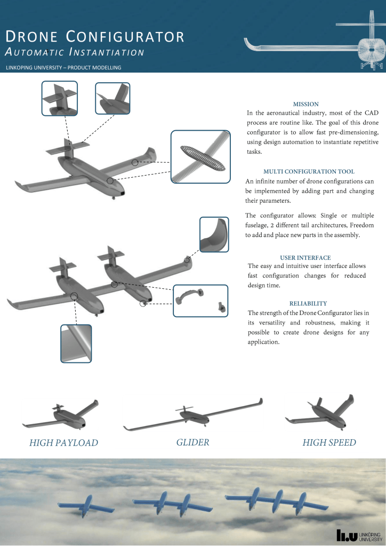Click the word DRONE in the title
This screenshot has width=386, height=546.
[x=31, y=37]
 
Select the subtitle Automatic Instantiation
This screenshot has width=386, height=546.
[x=75, y=52]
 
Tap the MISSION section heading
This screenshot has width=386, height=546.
[x=306, y=104]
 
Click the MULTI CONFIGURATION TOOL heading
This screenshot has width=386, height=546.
[x=309, y=171]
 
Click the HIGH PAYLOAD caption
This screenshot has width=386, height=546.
[x=64, y=442]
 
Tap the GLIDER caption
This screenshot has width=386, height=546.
[x=192, y=442]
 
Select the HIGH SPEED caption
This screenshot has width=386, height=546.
[x=329, y=442]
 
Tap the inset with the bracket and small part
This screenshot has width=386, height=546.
[x=200, y=300]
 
